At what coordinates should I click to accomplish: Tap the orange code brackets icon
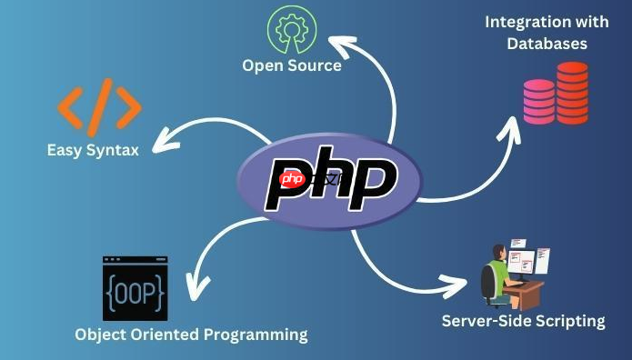tap(100, 106)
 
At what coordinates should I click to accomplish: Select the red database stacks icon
tap(556, 94)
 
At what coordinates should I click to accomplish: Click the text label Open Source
tap(292, 65)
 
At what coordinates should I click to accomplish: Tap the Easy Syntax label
tap(93, 149)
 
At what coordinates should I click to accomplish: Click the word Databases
tap(547, 43)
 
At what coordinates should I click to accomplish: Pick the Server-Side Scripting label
tap(523, 320)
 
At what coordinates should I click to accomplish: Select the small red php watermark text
tap(293, 178)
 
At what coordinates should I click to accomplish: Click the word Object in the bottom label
tap(99, 335)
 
